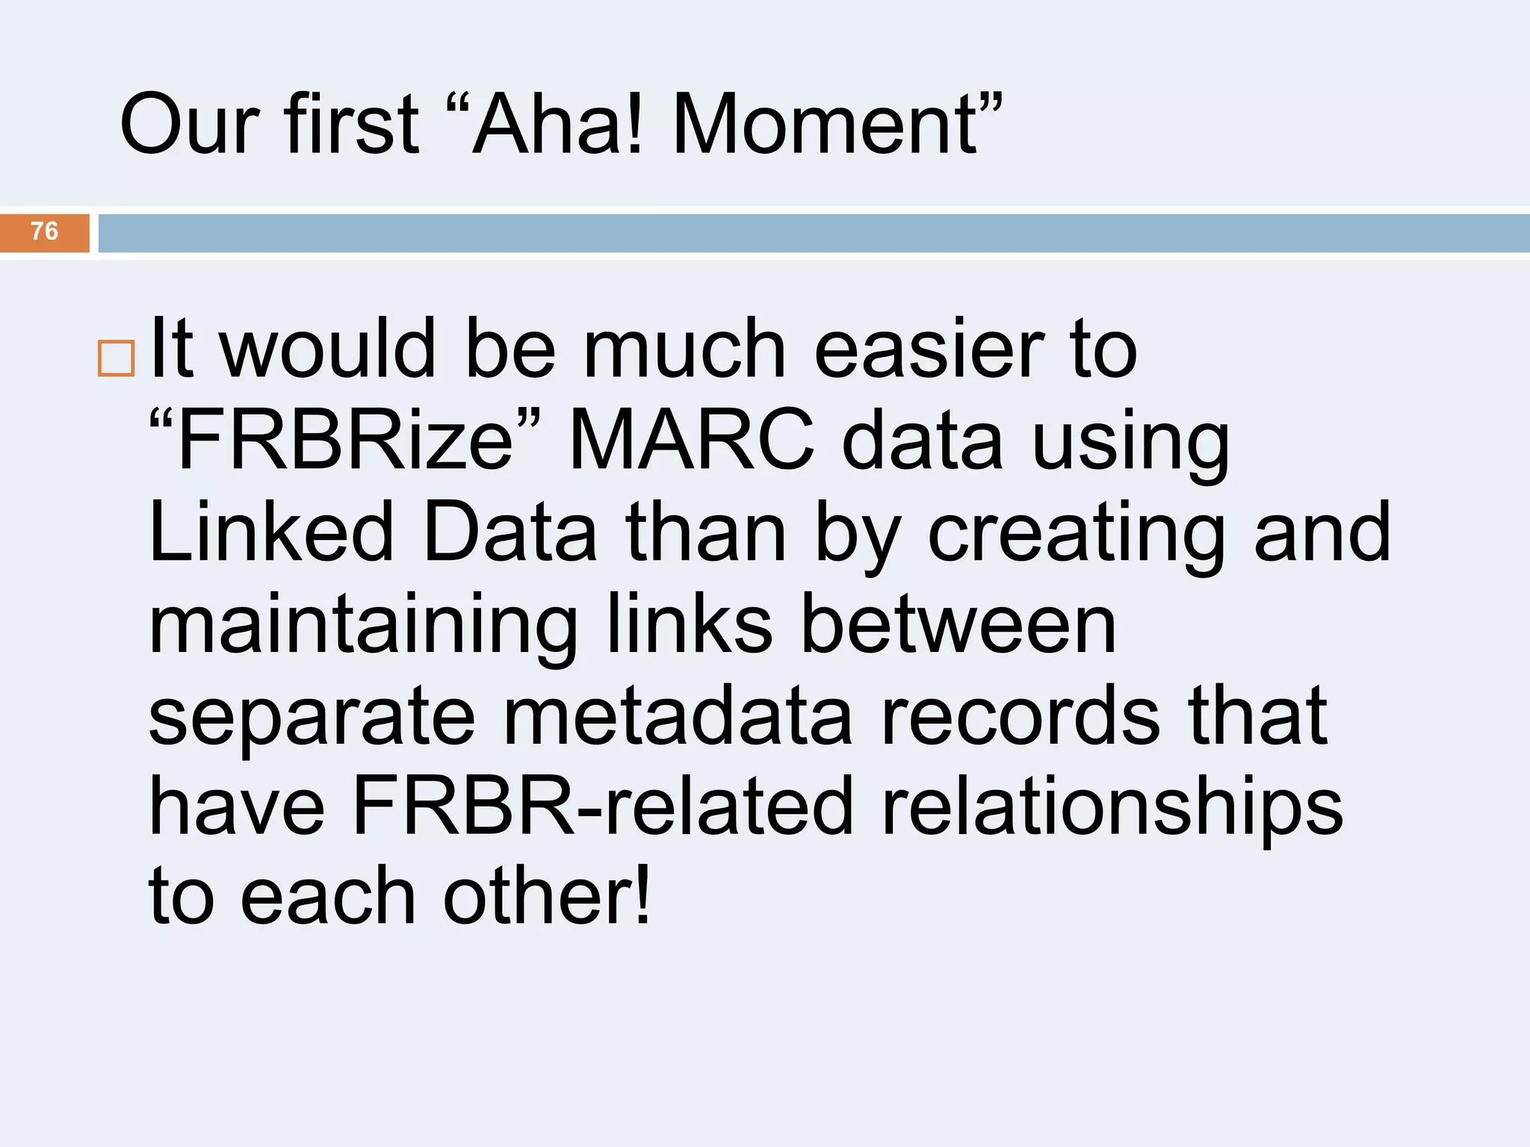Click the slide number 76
(x=44, y=231)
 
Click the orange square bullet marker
(x=116, y=358)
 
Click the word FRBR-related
(x=602, y=806)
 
